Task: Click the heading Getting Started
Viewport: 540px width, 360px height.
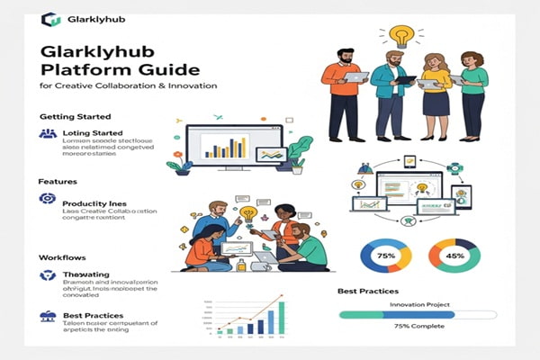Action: (x=76, y=117)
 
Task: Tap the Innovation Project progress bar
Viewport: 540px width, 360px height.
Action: (x=417, y=315)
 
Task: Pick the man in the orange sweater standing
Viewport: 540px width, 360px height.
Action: (x=343, y=94)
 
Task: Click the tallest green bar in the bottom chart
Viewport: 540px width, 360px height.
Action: (x=282, y=317)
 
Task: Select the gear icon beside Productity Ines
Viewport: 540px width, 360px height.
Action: (x=48, y=198)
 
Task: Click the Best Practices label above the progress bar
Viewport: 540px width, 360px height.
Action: (x=372, y=292)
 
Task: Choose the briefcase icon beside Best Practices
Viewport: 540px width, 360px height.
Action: (x=48, y=316)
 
